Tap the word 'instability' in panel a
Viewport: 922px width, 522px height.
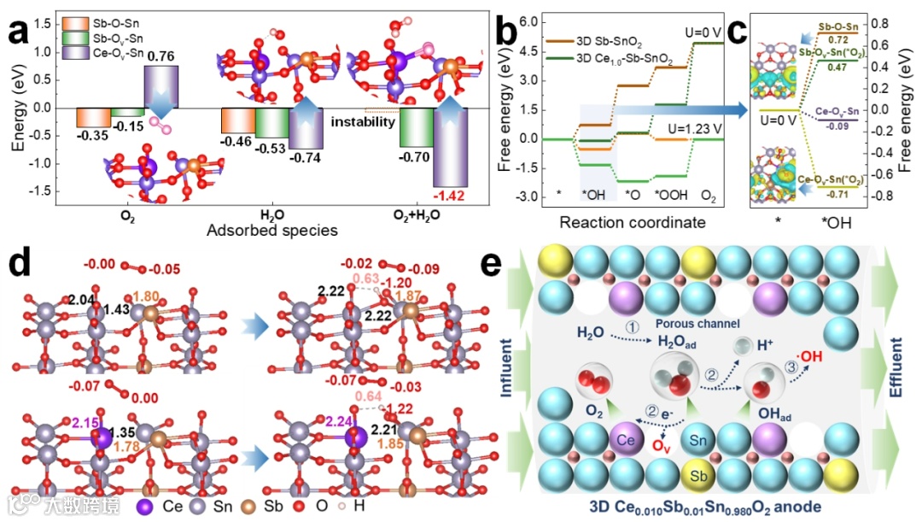[364, 122]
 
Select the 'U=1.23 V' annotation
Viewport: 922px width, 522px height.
[684, 128]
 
